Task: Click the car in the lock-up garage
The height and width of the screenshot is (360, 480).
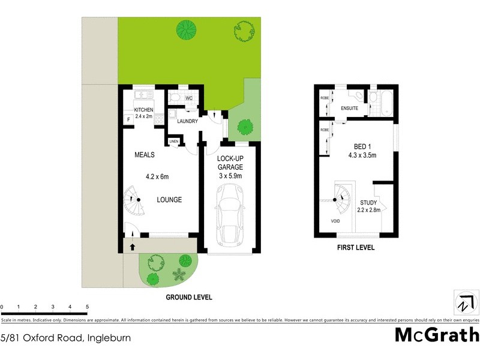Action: pos(230,216)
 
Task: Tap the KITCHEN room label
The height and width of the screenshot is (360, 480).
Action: pos(143,110)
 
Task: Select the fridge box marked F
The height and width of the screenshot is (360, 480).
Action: pos(128,119)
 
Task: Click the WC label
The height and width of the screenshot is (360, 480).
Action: pos(188,98)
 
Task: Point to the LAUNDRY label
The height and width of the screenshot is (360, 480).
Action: pos(188,121)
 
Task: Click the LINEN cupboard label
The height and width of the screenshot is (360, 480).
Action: pos(174,142)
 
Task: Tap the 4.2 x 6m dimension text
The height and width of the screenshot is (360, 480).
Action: pos(157,176)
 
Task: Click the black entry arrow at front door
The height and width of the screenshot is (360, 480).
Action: pos(133,245)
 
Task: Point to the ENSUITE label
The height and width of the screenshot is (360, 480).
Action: pos(349,109)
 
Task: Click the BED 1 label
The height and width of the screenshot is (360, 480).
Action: pos(362,146)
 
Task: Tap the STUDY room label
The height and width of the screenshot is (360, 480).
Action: pos(368,203)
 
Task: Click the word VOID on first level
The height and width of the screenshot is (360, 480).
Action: pos(335,221)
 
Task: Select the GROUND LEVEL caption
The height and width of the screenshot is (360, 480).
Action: pos(189,297)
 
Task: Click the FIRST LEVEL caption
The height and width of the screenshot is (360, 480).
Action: pos(356,247)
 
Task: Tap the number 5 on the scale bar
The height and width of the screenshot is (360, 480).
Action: pos(88,307)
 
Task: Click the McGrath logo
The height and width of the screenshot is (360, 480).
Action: pos(436,335)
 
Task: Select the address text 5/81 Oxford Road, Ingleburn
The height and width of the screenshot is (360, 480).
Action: pos(65,338)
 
